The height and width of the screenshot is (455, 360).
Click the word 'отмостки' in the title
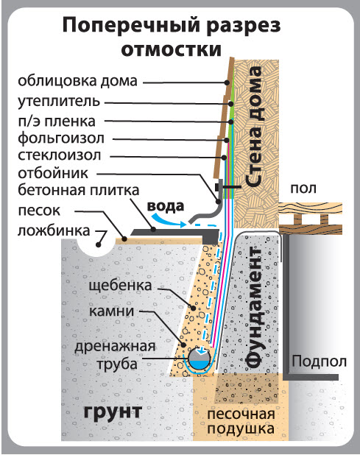[x=171, y=50]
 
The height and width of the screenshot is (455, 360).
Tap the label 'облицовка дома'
[x=77, y=81]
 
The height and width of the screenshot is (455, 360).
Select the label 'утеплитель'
[x=59, y=102]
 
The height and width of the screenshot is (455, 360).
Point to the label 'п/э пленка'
[x=57, y=121]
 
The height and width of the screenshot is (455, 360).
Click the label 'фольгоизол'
[x=61, y=138]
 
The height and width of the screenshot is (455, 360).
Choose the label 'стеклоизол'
[x=60, y=155]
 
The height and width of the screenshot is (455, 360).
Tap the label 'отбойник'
[x=53, y=173]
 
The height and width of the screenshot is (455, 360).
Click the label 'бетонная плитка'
[x=79, y=191]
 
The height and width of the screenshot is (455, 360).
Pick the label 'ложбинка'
[x=54, y=231]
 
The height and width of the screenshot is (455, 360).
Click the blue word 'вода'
[x=166, y=206]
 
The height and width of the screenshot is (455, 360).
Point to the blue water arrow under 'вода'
[x=168, y=220]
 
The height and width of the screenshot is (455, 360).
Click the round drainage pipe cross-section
[x=200, y=358]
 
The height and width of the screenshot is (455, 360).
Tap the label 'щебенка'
[x=120, y=286]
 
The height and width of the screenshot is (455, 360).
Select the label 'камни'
[x=111, y=311]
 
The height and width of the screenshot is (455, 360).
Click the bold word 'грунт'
[x=113, y=412]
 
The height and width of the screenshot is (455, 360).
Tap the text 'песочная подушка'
[x=241, y=421]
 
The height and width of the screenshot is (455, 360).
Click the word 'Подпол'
[x=319, y=361]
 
